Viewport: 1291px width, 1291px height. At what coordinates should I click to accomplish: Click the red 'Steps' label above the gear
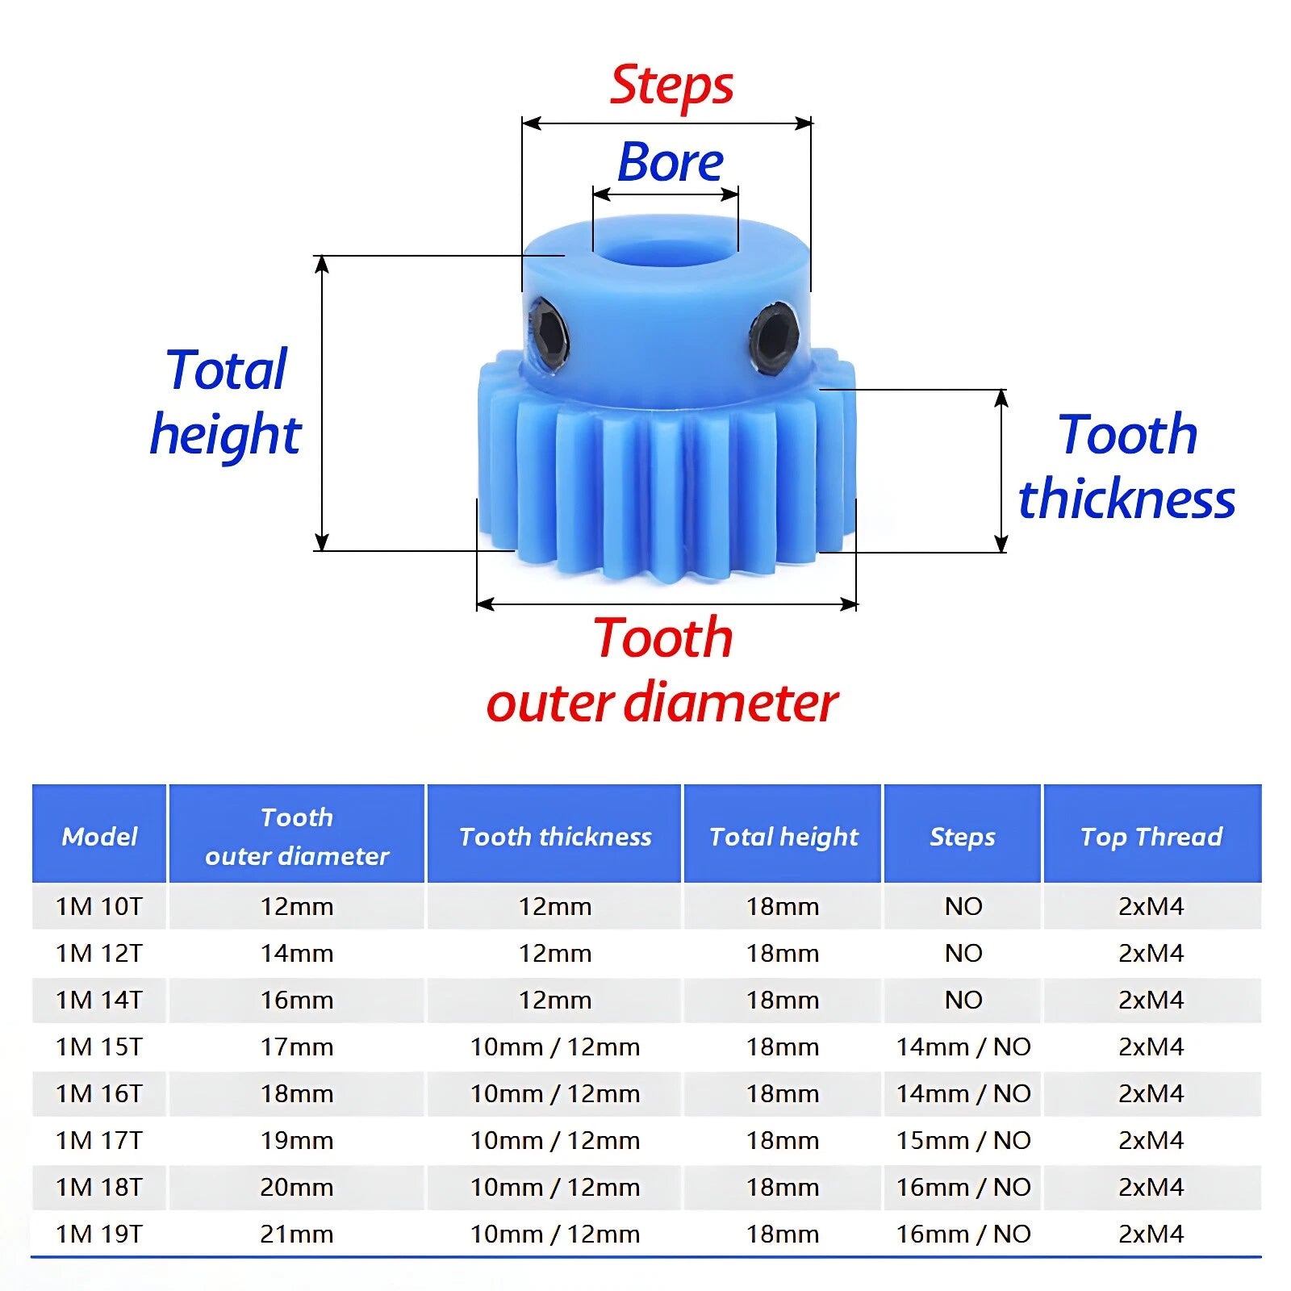(x=671, y=86)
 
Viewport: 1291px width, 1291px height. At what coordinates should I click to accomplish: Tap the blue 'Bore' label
(x=670, y=162)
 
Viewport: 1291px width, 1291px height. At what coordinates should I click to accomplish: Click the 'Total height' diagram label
(x=225, y=403)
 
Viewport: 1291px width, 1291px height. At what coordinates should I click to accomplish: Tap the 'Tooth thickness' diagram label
(x=1127, y=467)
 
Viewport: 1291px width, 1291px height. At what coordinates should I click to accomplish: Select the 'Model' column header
(x=99, y=836)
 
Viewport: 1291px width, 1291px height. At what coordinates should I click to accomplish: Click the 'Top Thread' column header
(x=1151, y=837)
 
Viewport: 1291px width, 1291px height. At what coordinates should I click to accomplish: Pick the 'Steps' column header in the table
(x=963, y=837)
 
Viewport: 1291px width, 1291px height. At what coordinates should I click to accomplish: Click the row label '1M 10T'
(x=99, y=906)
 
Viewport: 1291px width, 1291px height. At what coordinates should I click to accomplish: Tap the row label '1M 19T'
(x=99, y=1234)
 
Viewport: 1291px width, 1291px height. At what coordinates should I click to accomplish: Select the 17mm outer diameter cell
(x=296, y=1047)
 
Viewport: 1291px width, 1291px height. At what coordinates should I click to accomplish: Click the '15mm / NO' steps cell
(x=963, y=1140)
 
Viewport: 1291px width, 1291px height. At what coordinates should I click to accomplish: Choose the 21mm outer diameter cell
(x=296, y=1234)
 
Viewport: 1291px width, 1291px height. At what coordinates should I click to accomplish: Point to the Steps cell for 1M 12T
(x=963, y=953)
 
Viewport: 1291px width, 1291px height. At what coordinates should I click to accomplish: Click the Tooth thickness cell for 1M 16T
(x=555, y=1093)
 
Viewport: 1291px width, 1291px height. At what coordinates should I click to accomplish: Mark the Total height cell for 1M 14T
(x=783, y=1000)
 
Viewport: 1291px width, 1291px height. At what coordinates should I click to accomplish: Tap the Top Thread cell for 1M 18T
(x=1151, y=1187)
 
